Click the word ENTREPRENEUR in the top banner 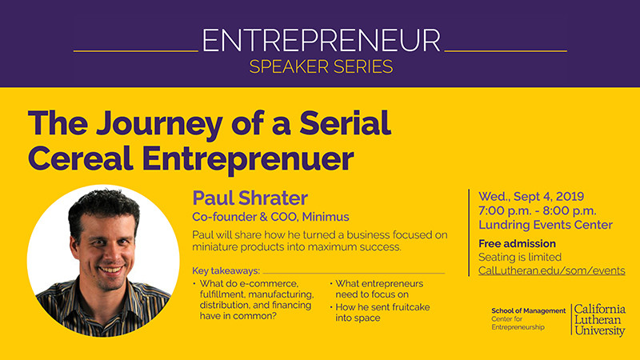point(321,40)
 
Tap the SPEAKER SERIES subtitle point(321,66)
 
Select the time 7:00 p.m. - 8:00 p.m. point(537,210)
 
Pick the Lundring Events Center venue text point(545,225)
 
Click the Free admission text point(517,243)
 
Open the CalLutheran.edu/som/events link point(551,270)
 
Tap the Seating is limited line point(520,257)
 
